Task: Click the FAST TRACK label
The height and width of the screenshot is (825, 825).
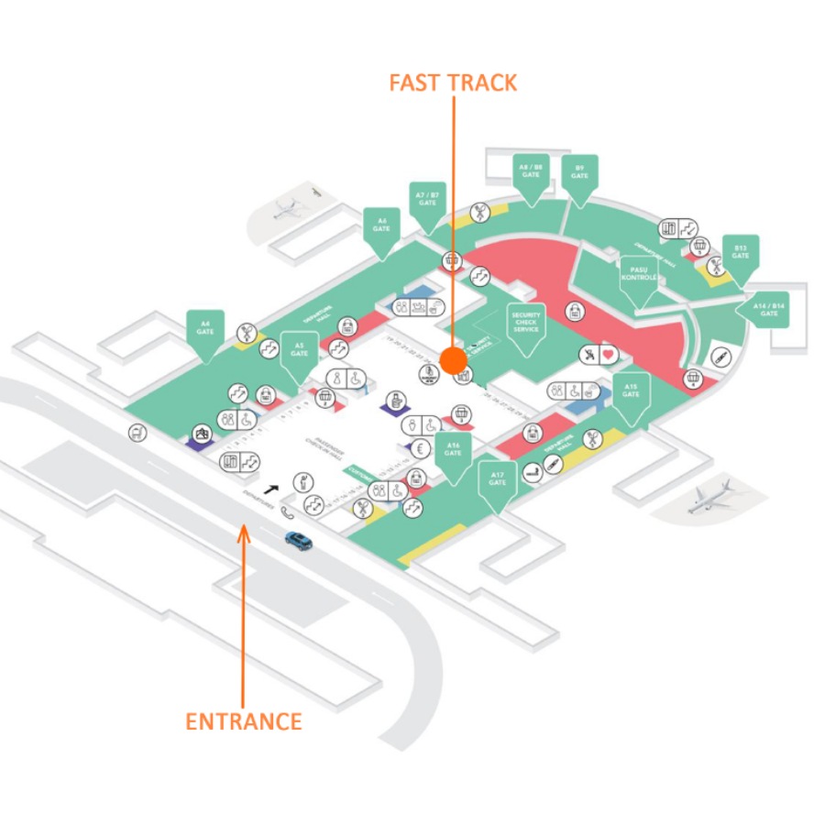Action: (x=453, y=82)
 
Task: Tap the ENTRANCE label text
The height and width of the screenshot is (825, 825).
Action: (x=243, y=721)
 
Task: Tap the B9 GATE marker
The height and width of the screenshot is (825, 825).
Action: (x=579, y=173)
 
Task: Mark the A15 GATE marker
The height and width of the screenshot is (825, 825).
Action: (x=631, y=392)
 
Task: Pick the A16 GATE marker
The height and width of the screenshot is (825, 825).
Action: (x=453, y=451)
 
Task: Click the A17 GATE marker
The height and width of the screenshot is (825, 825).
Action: (x=498, y=479)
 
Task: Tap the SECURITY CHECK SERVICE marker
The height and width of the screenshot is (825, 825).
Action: (x=526, y=323)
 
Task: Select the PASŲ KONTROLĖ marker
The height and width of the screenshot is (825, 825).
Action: (x=638, y=275)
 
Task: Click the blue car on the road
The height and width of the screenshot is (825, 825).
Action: (x=298, y=541)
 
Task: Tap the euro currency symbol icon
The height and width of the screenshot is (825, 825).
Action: (x=421, y=448)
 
